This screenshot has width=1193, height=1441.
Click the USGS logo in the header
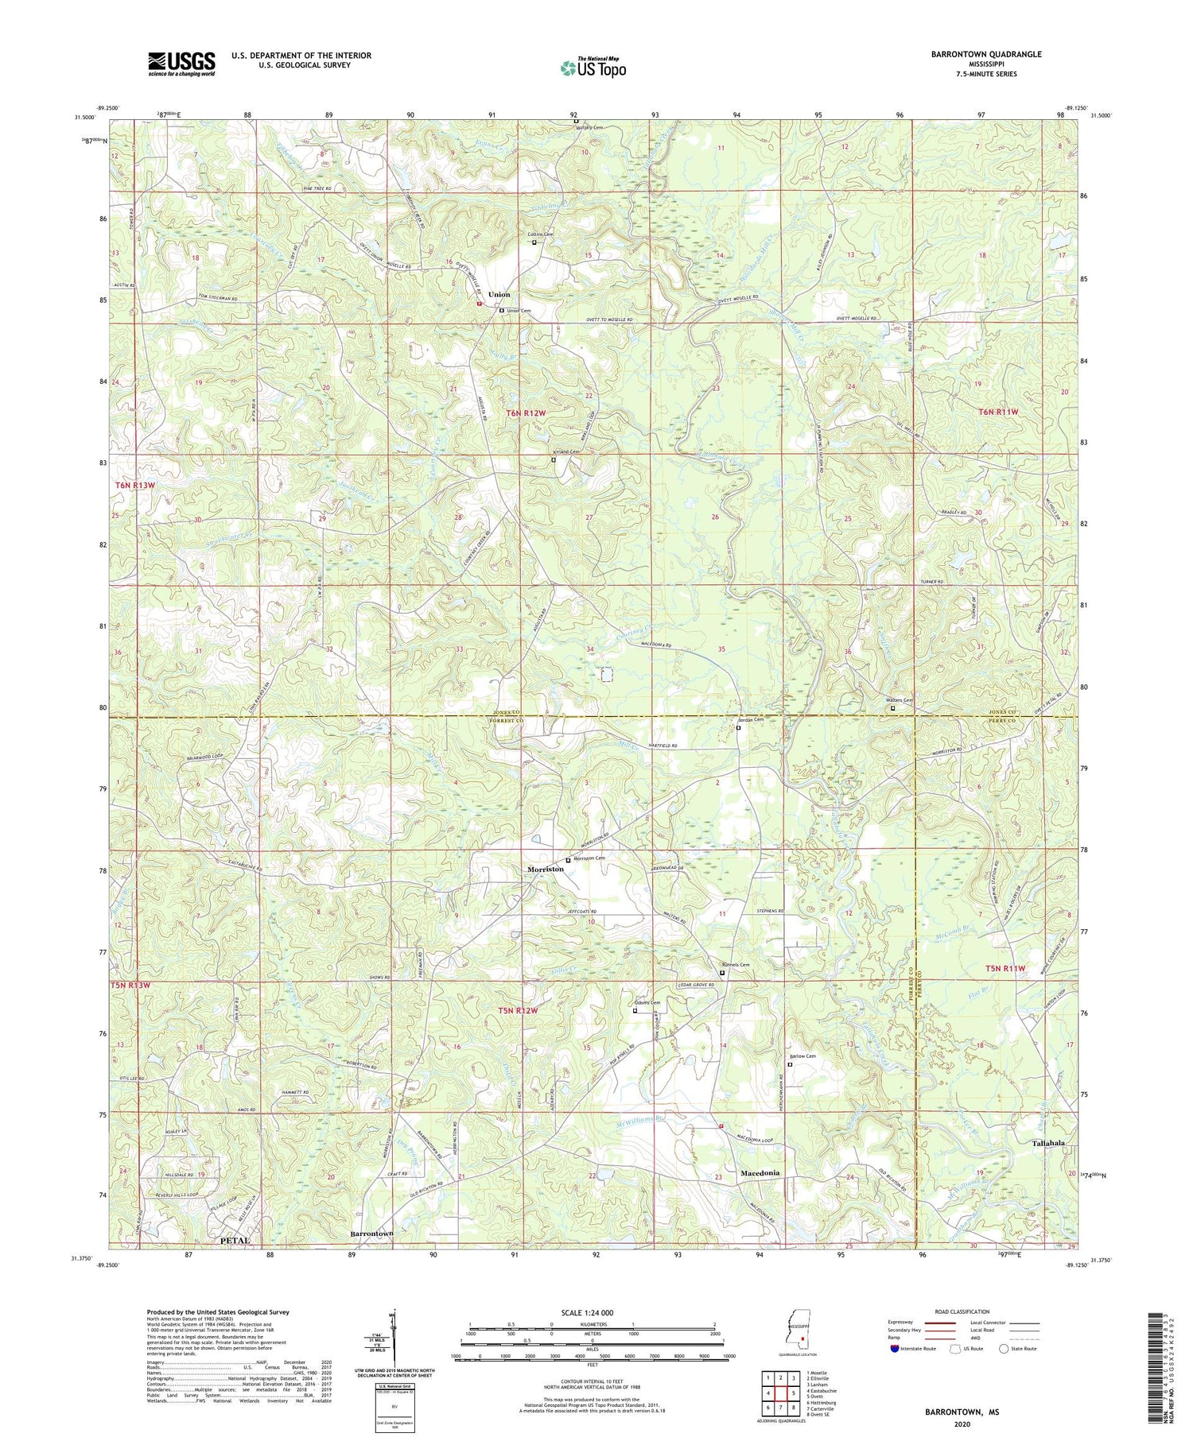(181, 64)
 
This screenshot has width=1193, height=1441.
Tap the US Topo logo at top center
(593, 68)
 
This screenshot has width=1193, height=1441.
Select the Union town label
(499, 295)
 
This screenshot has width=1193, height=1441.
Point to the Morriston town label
(546, 870)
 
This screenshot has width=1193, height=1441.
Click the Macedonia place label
(760, 1173)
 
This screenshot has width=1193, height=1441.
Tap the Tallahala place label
(1048, 1143)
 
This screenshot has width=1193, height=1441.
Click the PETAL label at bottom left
(235, 1240)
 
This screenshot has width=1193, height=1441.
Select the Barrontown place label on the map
(371, 1234)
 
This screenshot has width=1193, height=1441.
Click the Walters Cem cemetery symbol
(892, 707)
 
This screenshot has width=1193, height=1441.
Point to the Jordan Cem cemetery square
(738, 727)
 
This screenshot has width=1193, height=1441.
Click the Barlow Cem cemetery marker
(790, 1064)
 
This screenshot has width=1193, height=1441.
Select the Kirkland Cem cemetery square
(554, 459)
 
